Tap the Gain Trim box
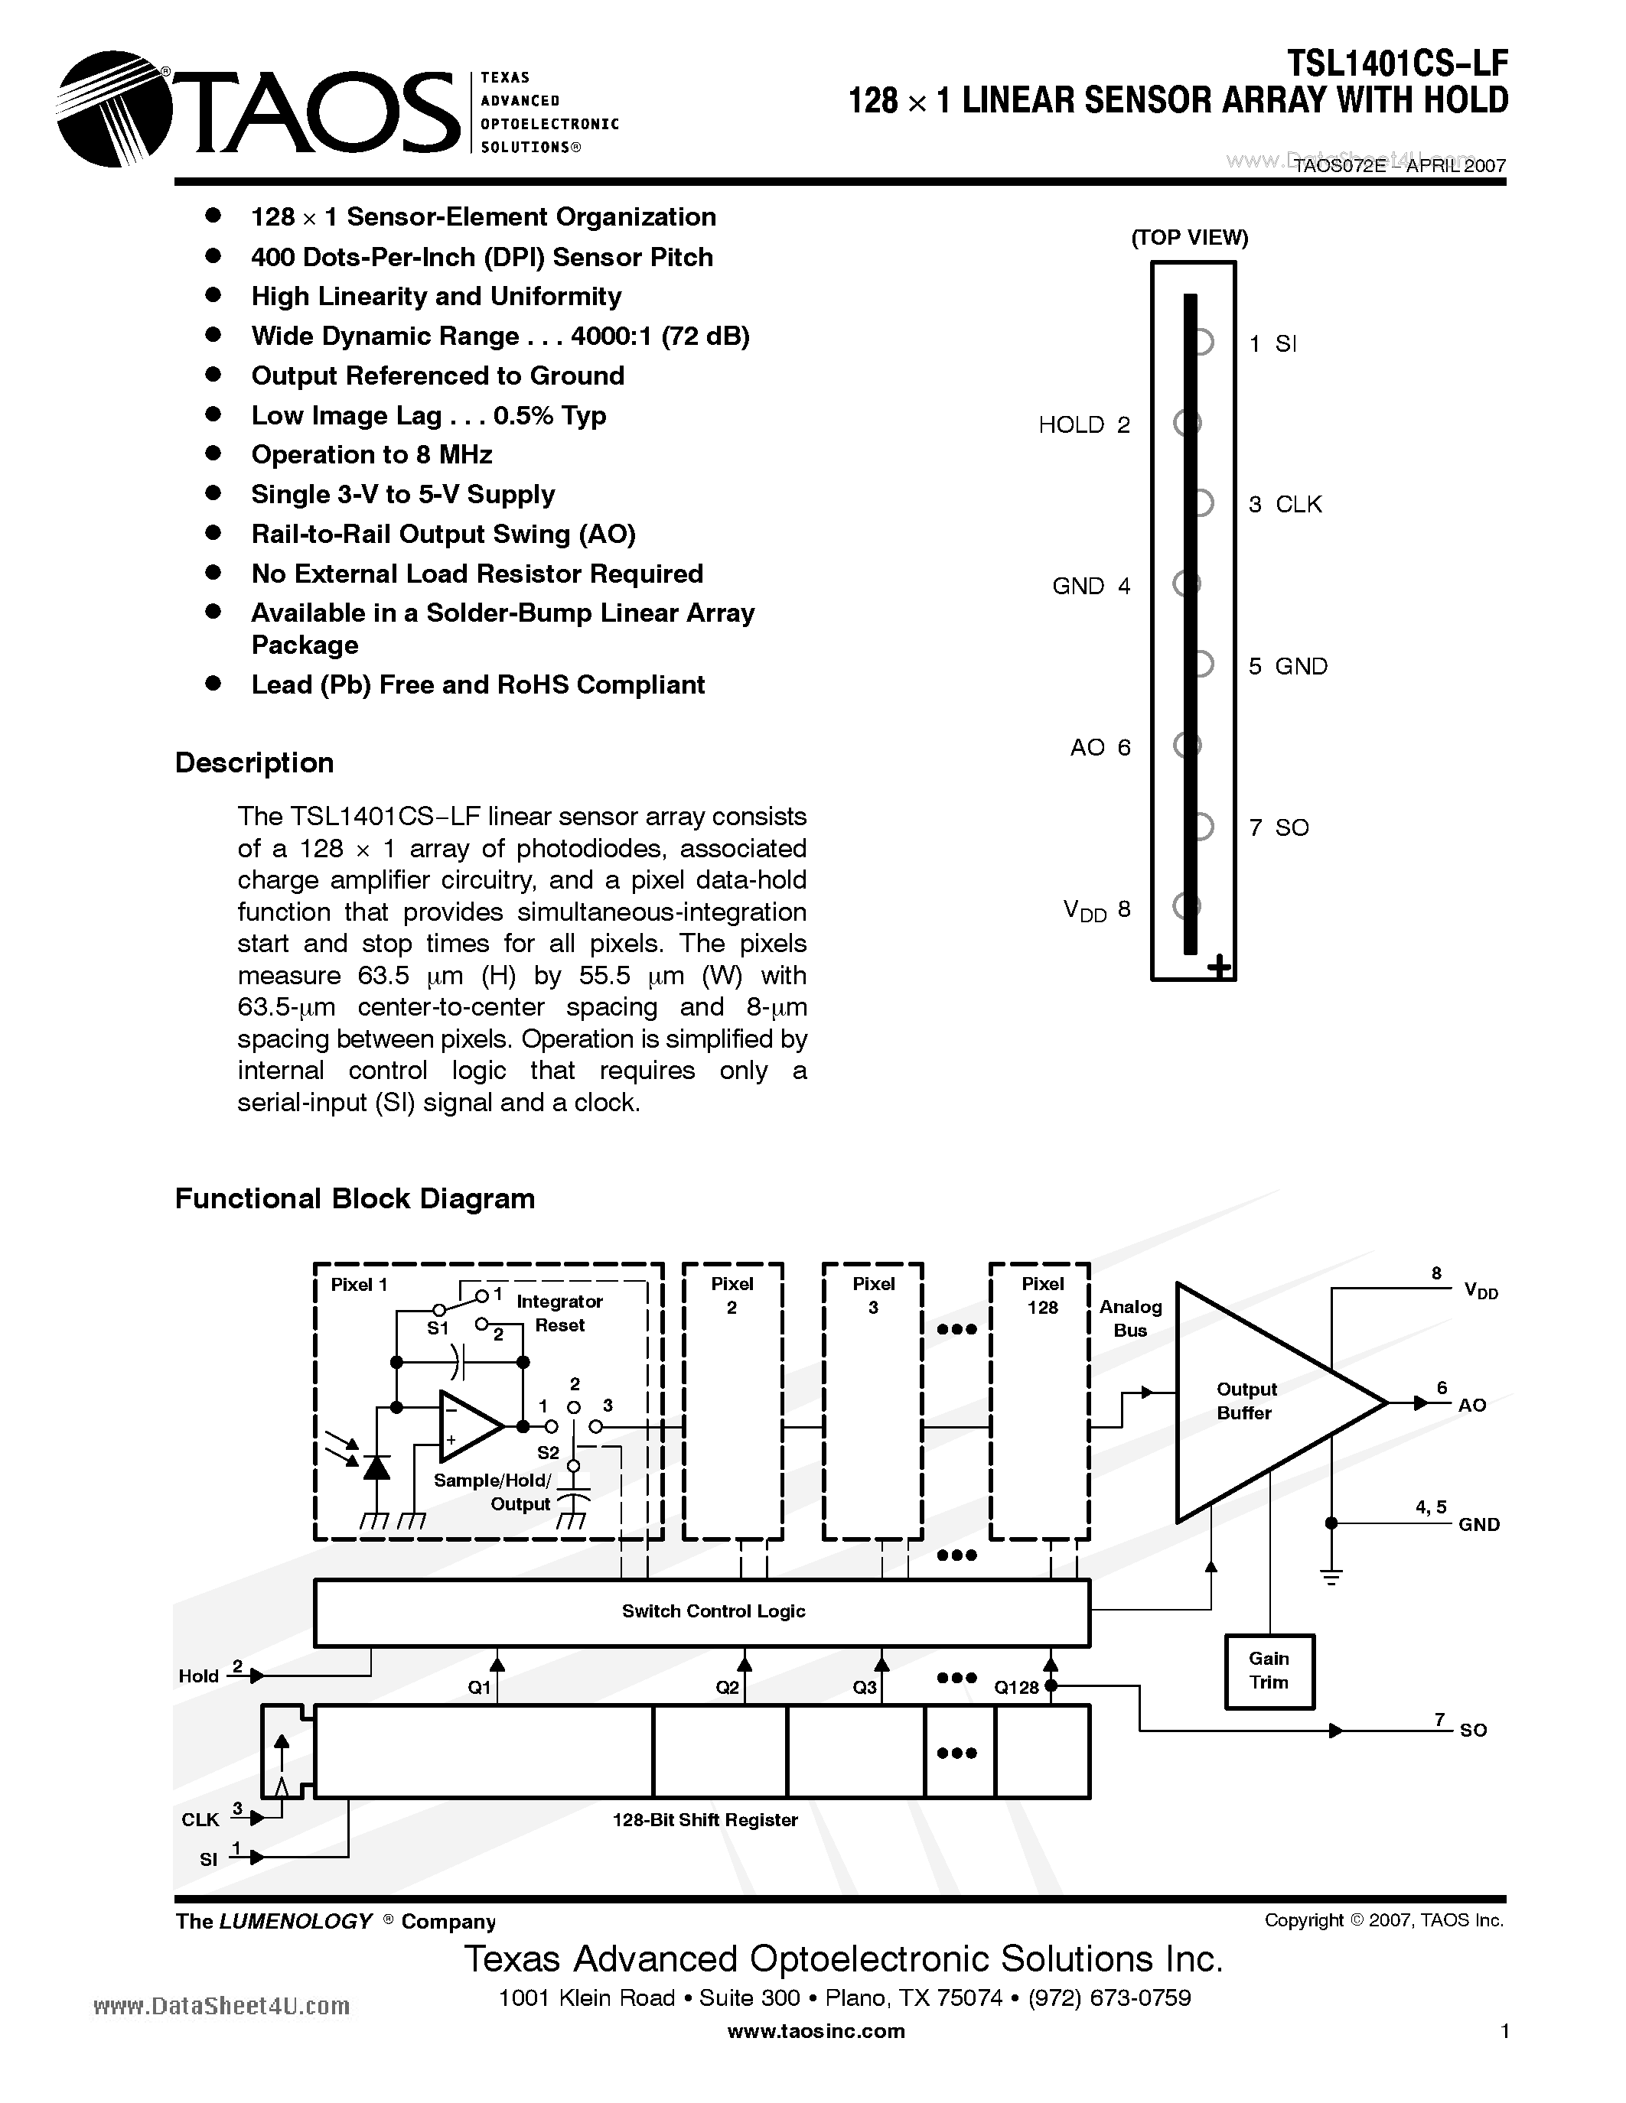pos(1269,1671)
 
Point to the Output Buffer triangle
pos(1262,1402)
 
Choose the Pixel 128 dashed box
pos(1041,1401)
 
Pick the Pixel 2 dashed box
pos(732,1401)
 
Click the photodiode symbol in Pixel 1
pos(376,1468)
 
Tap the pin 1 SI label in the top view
pos(1272,344)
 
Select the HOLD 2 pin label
pos(1083,424)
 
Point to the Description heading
pos(254,762)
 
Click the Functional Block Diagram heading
pos(354,1199)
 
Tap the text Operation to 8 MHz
pos(372,454)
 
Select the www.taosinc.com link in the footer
pos(816,2031)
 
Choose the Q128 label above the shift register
pos(1016,1688)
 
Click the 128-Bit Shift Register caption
pos(705,1820)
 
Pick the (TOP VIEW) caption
pos(1190,238)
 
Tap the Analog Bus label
pos(1131,1318)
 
